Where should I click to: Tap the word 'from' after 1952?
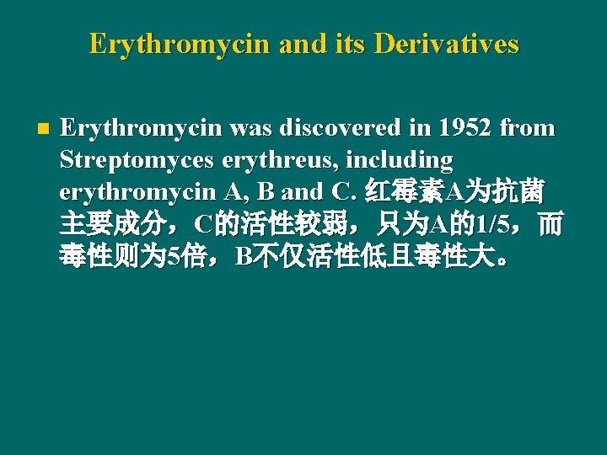(527, 129)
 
